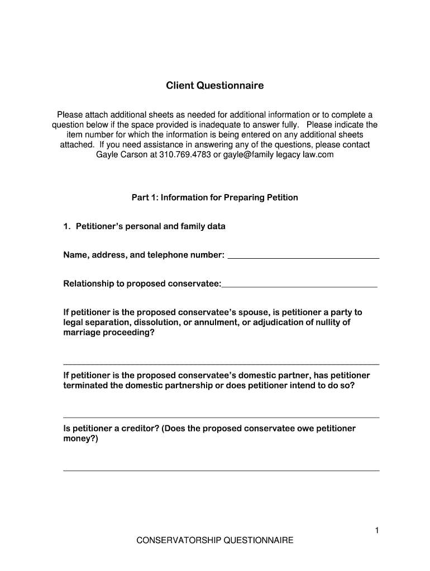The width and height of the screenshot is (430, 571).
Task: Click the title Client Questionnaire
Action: (x=214, y=86)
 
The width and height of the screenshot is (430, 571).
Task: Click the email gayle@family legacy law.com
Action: (x=278, y=154)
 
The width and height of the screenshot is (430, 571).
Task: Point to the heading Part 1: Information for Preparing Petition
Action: (x=214, y=197)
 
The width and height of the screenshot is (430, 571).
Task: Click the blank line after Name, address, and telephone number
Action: (x=304, y=257)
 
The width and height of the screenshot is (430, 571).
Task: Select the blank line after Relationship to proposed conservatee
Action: (x=299, y=285)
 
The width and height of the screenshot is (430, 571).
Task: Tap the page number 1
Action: (x=377, y=531)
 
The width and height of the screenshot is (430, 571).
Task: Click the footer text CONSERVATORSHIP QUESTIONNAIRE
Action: (x=215, y=541)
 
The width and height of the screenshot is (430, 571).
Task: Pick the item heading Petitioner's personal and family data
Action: (x=150, y=226)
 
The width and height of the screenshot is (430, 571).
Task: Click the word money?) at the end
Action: (x=80, y=439)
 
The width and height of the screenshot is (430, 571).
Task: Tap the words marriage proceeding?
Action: (x=109, y=333)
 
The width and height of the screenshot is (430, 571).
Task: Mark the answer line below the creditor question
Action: (x=221, y=470)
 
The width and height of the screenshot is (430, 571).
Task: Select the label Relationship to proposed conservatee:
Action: (x=142, y=284)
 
